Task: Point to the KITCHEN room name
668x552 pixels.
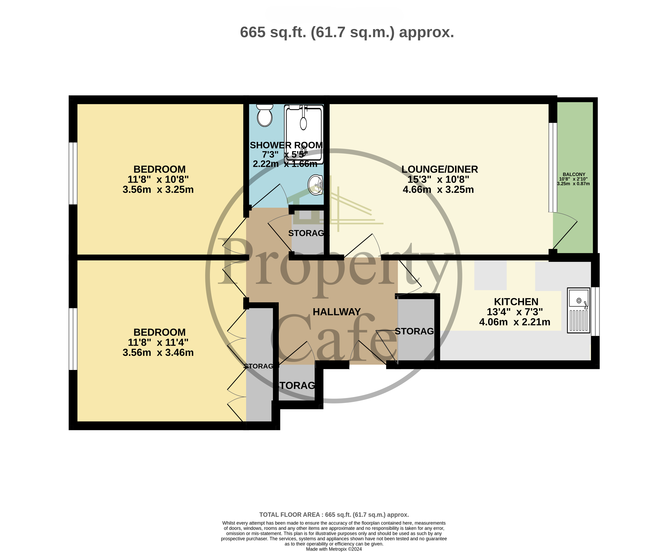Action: coord(516,301)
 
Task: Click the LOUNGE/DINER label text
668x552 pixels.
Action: coord(439,169)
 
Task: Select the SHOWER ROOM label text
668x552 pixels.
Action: coord(286,145)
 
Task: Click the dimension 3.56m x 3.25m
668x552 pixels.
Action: coord(158,189)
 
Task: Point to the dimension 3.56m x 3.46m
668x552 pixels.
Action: coord(158,352)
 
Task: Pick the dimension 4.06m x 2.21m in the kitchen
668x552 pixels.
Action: coord(514,322)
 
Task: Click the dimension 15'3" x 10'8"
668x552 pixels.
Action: coord(438,179)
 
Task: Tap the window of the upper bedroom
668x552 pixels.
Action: coord(73,173)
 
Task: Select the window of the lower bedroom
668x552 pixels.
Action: coord(73,339)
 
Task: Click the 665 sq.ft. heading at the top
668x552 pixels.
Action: coord(347,32)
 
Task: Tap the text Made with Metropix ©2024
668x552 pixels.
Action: coord(334,549)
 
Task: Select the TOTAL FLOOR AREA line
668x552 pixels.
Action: coord(334,514)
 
